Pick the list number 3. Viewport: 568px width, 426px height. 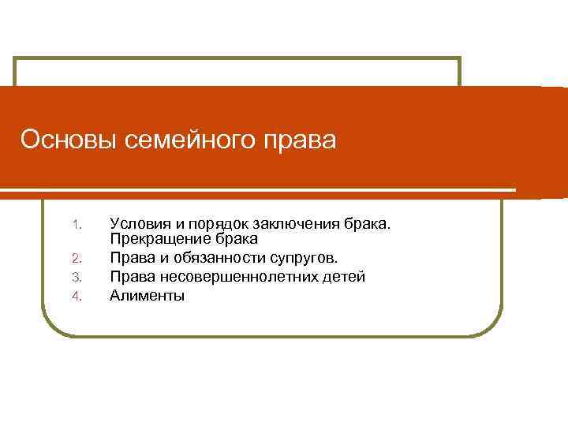pyautogui.click(x=77, y=277)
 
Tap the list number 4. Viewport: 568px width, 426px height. pyautogui.click(x=77, y=297)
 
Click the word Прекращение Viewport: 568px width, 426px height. pyautogui.click(x=157, y=237)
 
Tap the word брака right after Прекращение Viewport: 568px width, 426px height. pyautogui.click(x=233, y=237)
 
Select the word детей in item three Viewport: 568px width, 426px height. pyautogui.click(x=345, y=277)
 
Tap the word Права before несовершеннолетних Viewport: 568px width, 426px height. pyautogui.click(x=129, y=277)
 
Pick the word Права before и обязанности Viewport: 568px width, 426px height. pyautogui.click(x=129, y=257)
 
